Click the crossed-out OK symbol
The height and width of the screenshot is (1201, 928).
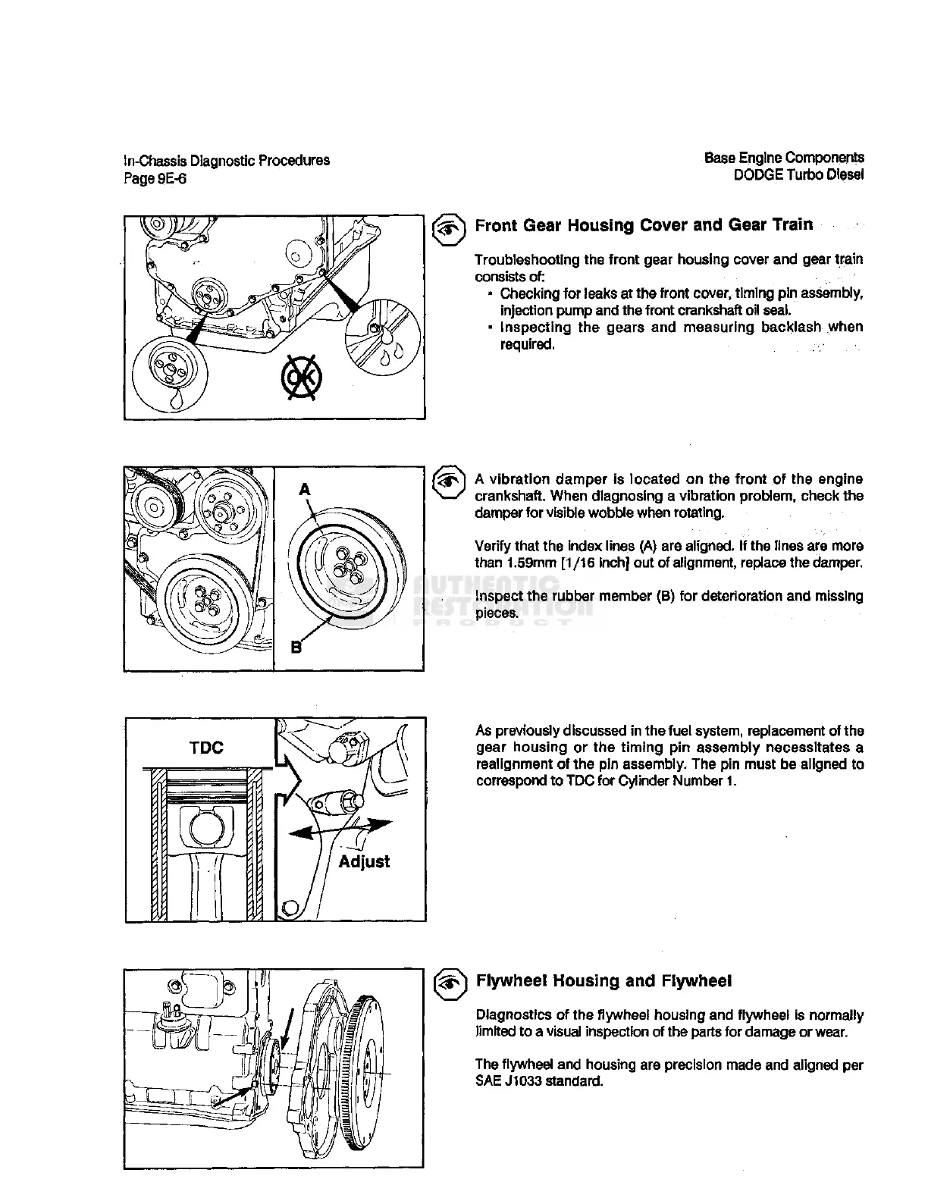click(303, 377)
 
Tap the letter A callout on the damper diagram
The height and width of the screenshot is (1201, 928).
click(305, 490)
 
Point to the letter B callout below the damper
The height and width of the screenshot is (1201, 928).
click(296, 647)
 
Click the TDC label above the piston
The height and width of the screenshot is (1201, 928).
click(206, 748)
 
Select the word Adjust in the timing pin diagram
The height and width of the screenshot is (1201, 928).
click(364, 861)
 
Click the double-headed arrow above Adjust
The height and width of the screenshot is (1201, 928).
click(341, 829)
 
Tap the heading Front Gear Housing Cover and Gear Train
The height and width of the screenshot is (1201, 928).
click(644, 225)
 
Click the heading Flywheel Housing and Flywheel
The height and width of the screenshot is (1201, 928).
click(604, 981)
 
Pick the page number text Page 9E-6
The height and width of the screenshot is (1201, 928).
click(155, 178)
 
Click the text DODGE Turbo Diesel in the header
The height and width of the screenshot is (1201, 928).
click(798, 174)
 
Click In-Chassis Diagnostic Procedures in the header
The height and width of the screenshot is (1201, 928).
click(227, 161)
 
